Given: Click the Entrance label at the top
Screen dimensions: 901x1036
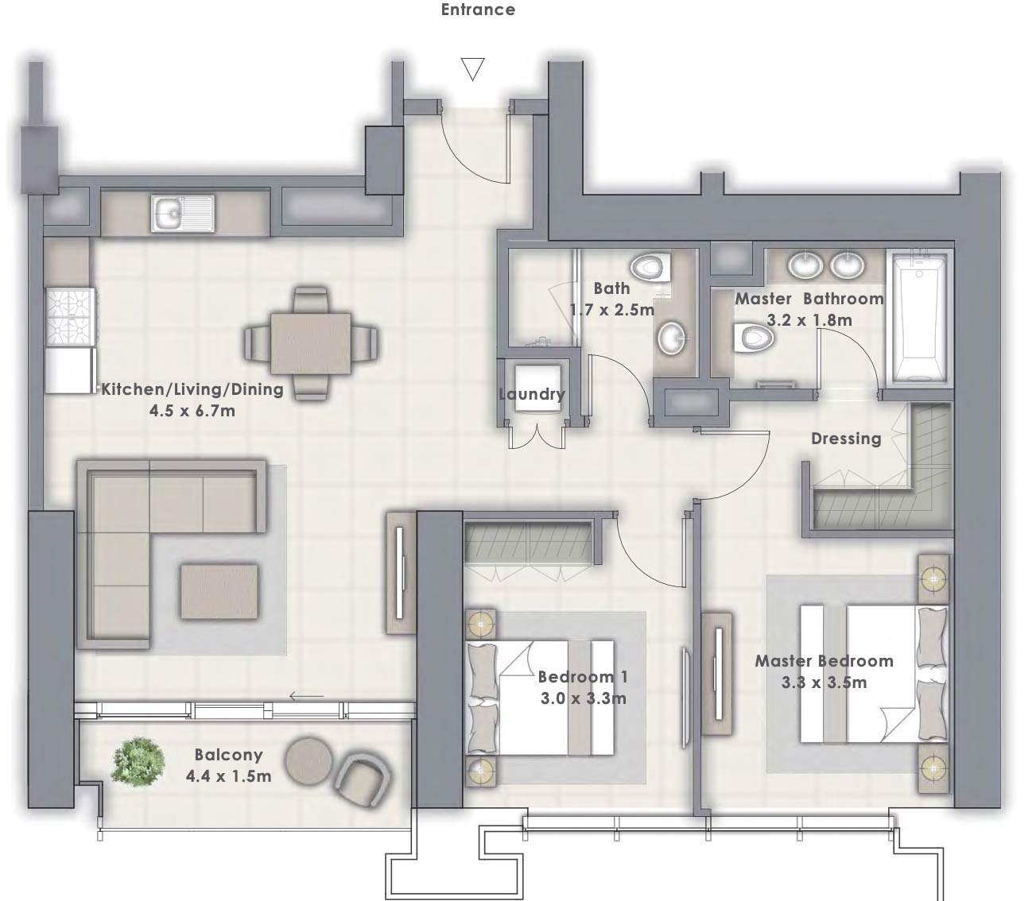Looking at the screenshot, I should pos(478,10).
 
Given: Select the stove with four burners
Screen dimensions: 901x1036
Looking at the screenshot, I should pos(71,316).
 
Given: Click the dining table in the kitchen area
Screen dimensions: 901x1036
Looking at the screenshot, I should pos(311,342).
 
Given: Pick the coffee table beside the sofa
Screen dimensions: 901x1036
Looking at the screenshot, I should pos(219,591).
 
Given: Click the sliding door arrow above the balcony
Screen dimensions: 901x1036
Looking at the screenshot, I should pos(306,698).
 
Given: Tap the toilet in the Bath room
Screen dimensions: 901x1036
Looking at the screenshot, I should pos(651,269).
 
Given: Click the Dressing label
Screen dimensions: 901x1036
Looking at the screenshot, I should pos(846,439).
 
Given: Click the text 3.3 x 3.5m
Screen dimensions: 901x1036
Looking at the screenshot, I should pos(825,682).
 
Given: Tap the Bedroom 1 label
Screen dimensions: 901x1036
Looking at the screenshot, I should pos(583,677).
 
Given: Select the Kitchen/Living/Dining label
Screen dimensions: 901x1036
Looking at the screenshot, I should pos(192,389).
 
